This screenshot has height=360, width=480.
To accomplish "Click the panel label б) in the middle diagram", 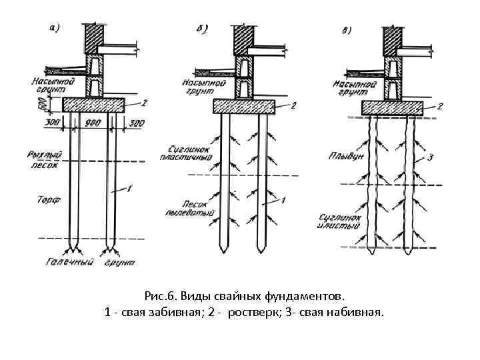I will click(x=202, y=29).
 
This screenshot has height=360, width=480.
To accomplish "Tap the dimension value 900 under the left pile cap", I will click(x=93, y=123).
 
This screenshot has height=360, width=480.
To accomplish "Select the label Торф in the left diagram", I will click(x=46, y=198).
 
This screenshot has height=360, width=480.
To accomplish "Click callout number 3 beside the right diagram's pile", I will click(x=431, y=159).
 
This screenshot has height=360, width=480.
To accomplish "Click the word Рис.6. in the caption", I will click(x=159, y=294).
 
